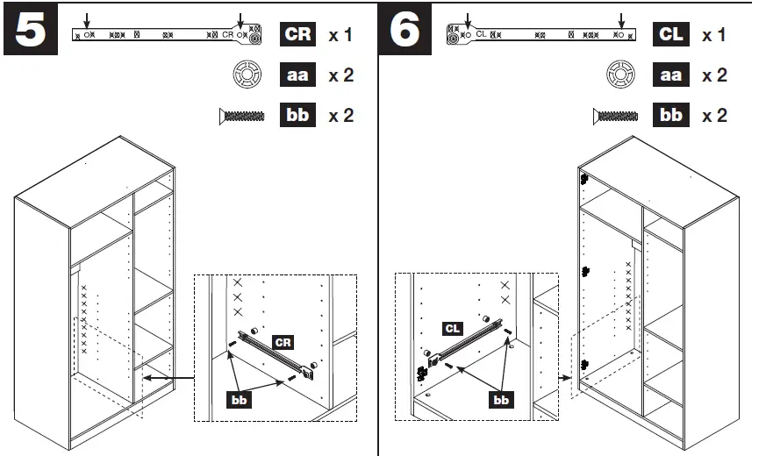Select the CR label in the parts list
click(298, 35)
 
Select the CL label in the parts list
click(671, 35)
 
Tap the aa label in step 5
click(298, 75)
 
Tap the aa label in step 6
click(671, 75)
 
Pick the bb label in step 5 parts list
click(298, 116)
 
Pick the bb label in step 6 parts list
click(671, 116)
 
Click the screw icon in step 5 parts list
click(241, 116)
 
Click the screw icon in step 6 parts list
click(617, 116)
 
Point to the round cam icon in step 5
click(246, 75)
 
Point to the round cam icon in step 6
click(621, 75)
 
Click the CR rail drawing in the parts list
click(167, 35)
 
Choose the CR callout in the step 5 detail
click(283, 341)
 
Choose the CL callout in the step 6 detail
click(453, 329)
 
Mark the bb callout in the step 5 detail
click(240, 400)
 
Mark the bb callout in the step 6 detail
click(501, 400)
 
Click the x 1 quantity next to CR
click(340, 36)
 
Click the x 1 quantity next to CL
click(714, 36)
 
